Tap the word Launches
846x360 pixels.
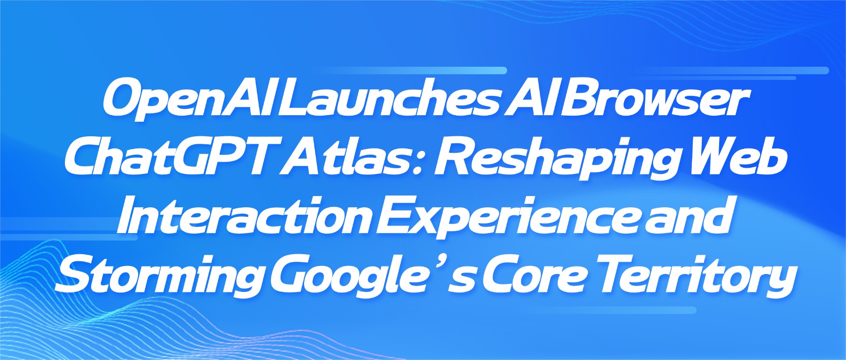pos(391,99)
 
